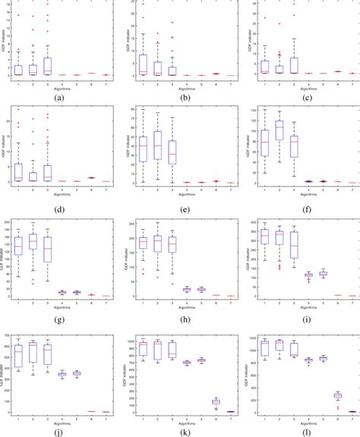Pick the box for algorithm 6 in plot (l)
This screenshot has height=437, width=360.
[337, 395]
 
